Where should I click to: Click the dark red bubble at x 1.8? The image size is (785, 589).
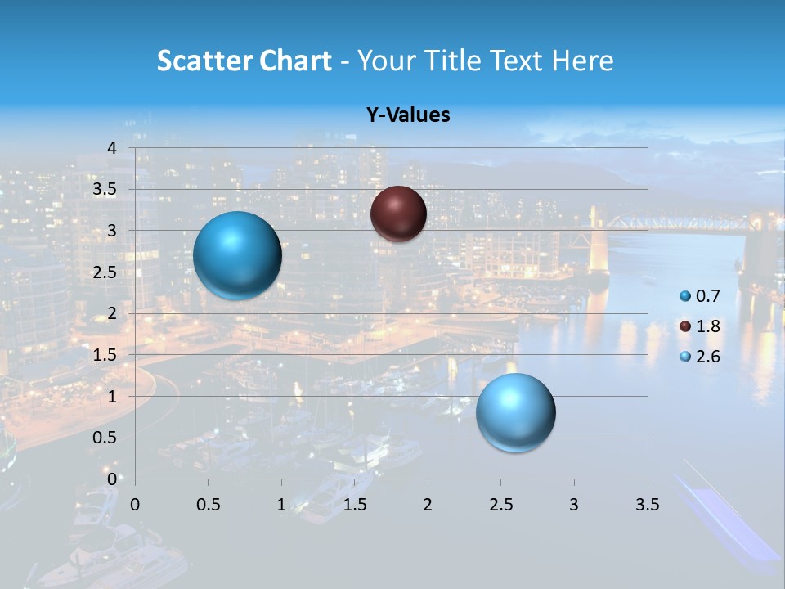pos(398,214)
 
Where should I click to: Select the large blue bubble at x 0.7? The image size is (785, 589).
pos(237,255)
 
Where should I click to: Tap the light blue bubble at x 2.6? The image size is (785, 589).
pos(515,412)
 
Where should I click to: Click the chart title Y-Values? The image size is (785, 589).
pos(408,115)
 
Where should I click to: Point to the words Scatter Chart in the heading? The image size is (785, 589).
pos(244,61)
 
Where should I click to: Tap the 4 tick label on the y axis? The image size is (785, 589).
pos(112,147)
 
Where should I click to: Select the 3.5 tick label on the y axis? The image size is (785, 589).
pos(105,189)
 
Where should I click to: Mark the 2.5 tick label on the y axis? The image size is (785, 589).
pos(105,272)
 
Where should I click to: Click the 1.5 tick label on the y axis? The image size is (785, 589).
pos(105,354)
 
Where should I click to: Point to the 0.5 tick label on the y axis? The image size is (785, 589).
pos(105,438)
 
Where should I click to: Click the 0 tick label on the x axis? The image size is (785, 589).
pos(136,504)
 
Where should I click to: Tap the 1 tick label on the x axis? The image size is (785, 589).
pos(281,504)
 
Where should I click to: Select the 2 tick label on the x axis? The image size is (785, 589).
pos(428,504)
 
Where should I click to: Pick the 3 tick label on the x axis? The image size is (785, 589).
pos(574,504)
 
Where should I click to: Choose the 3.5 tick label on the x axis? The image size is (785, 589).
pos(647,504)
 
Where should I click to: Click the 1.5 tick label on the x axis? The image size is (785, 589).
pos(355,504)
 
